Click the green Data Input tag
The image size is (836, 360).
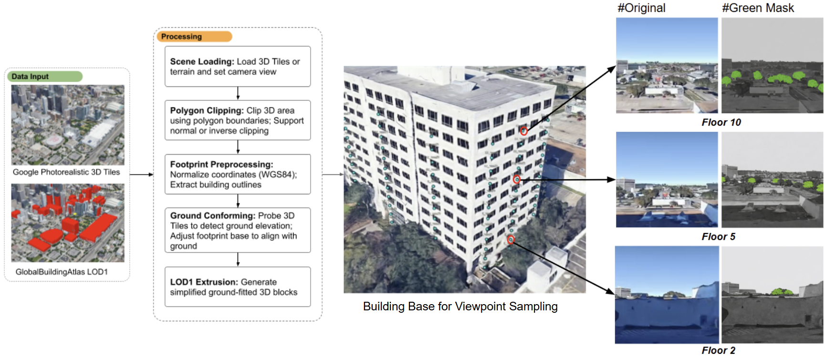pos(44,76)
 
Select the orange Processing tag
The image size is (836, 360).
pos(194,36)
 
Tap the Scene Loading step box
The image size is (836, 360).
pos(238,66)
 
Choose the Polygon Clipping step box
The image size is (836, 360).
pos(238,120)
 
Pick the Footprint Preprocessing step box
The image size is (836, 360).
pos(238,174)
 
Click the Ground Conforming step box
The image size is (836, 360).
pos(238,230)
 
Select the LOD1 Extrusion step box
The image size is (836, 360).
pos(238,287)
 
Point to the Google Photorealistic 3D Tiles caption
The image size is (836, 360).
pos(66,172)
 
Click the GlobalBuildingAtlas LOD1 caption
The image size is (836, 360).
pos(62,272)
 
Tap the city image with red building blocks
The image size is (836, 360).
pos(68,223)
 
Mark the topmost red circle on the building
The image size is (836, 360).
pos(523,131)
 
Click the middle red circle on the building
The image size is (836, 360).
pos(516,180)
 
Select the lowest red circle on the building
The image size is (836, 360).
pos(511,240)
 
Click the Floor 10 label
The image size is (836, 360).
pos(721,122)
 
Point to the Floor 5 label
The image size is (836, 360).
pos(718,237)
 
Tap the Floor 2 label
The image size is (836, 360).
pos(718,350)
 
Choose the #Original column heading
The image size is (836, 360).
pos(641,8)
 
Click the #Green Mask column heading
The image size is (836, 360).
pos(758,8)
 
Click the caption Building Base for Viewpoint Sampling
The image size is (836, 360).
pos(460,307)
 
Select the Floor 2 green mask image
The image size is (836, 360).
pos(772,295)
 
